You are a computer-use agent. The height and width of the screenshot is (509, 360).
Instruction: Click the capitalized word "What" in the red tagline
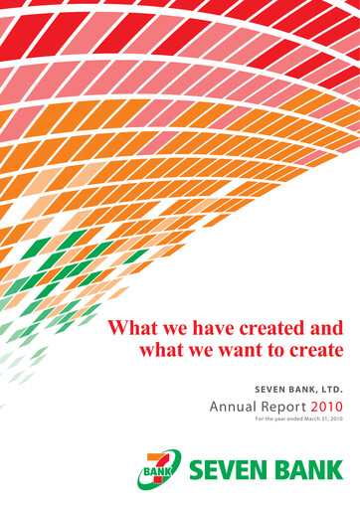point(130,327)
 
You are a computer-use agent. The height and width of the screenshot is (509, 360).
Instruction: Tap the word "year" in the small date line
point(268,422)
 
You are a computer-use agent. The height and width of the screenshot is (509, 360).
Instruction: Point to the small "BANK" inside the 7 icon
point(155,468)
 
